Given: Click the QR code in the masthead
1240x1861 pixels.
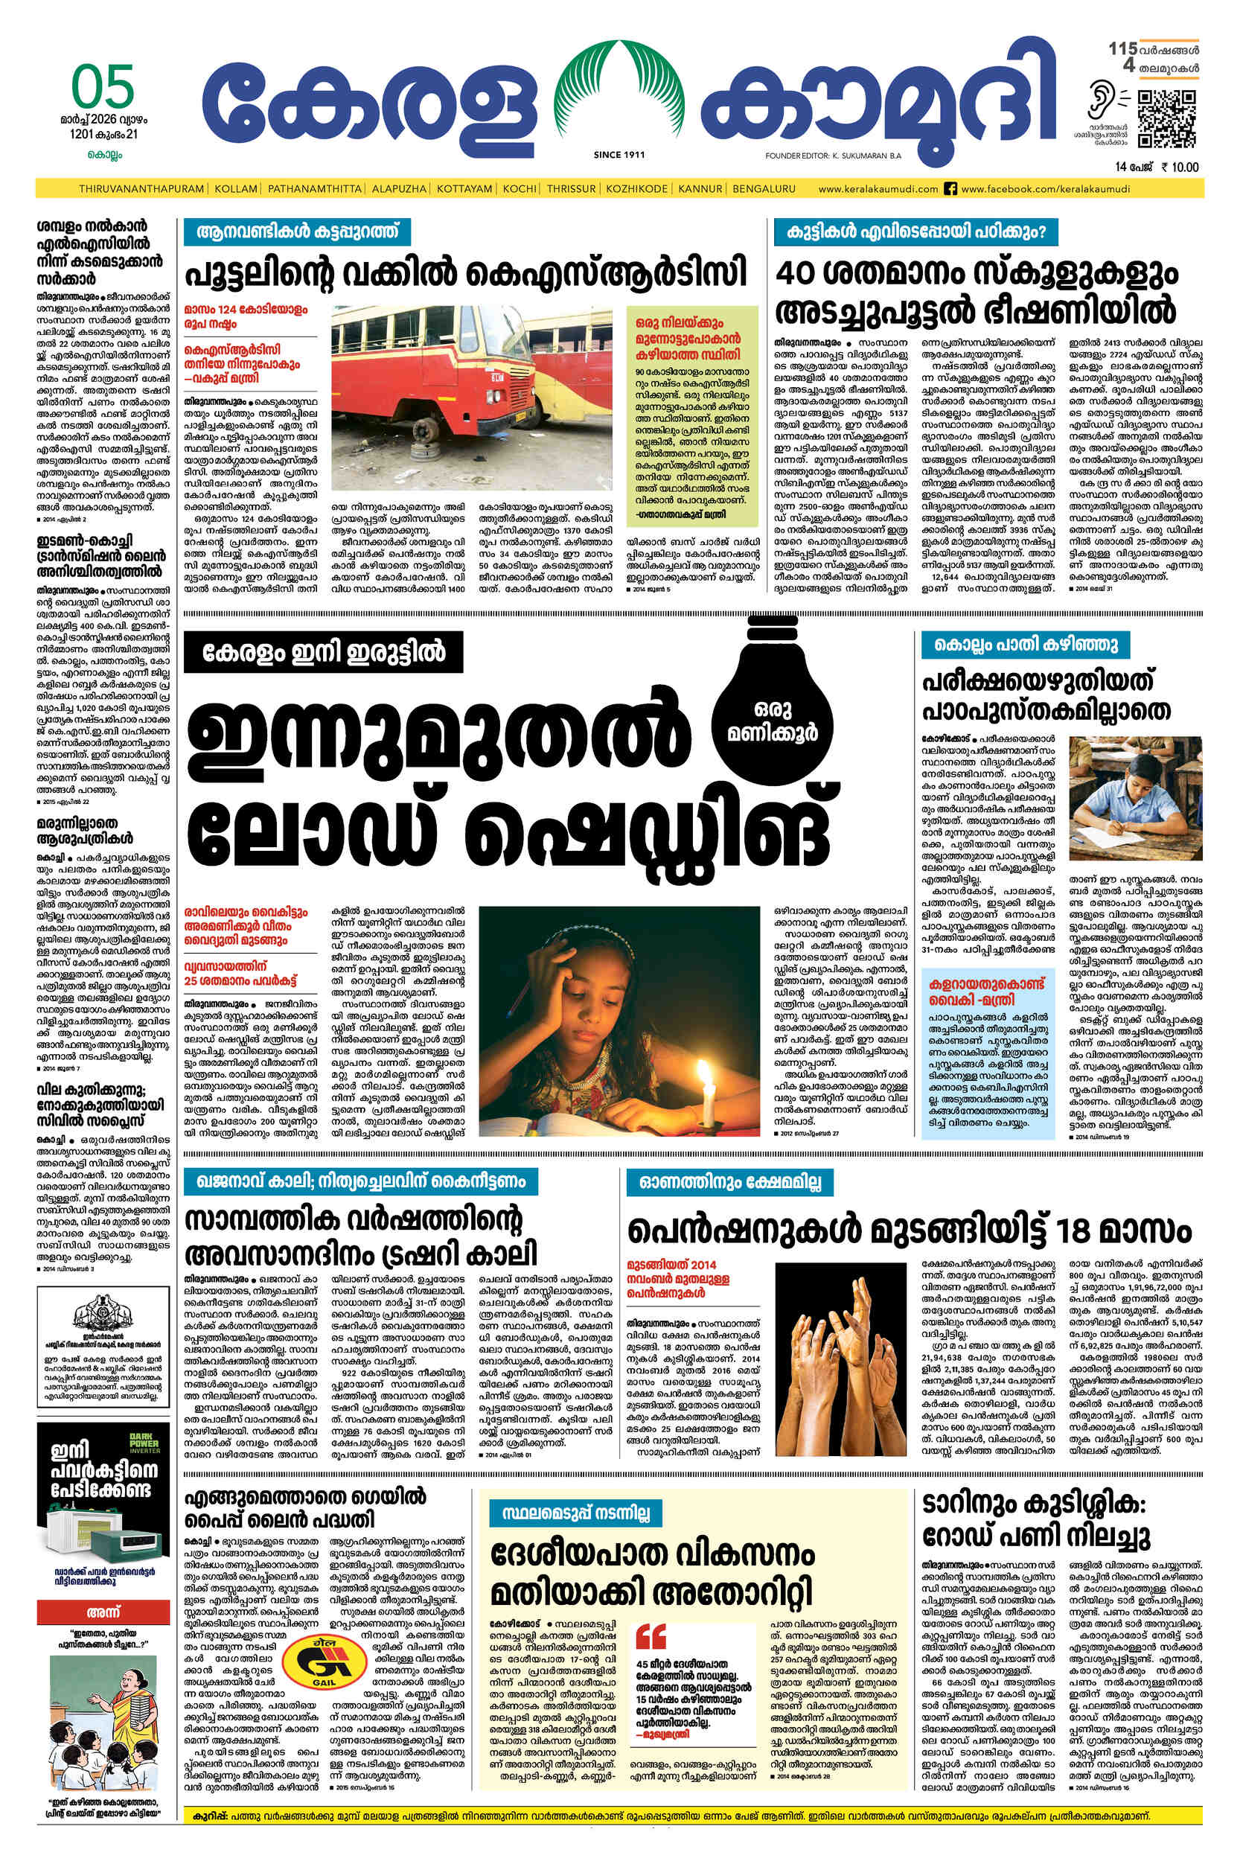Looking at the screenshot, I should click(1166, 119).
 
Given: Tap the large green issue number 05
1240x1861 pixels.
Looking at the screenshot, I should click(103, 86).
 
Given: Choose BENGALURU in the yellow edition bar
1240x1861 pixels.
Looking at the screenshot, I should click(764, 189).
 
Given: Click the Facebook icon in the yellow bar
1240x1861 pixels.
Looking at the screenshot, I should click(951, 189).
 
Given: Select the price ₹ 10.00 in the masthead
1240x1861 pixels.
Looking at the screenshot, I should click(1179, 167).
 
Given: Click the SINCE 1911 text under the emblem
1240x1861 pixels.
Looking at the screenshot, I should click(619, 155).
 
